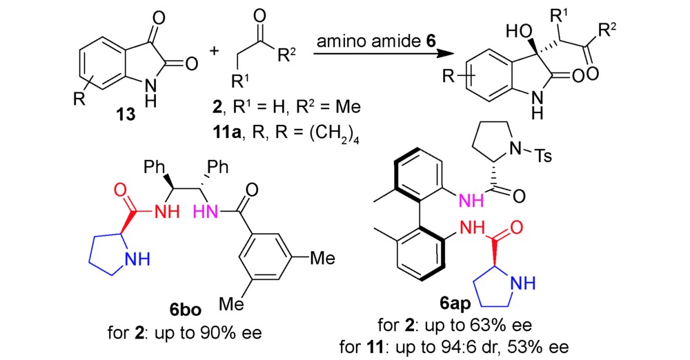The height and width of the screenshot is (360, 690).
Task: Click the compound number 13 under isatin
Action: pyautogui.click(x=126, y=115)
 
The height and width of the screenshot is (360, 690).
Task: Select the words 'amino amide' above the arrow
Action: pyautogui.click(x=368, y=41)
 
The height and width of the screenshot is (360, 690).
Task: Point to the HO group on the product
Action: pyautogui.click(x=520, y=32)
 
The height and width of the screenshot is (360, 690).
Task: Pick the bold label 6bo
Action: pyautogui.click(x=185, y=310)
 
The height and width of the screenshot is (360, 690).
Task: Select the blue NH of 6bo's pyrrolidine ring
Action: pyautogui.click(x=138, y=260)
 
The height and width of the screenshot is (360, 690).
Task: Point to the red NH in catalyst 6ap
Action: pyautogui.click(x=472, y=228)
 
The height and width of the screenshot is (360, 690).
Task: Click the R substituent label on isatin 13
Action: pyautogui.click(x=79, y=99)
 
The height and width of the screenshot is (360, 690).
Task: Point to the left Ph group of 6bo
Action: pyautogui.click(x=155, y=168)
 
